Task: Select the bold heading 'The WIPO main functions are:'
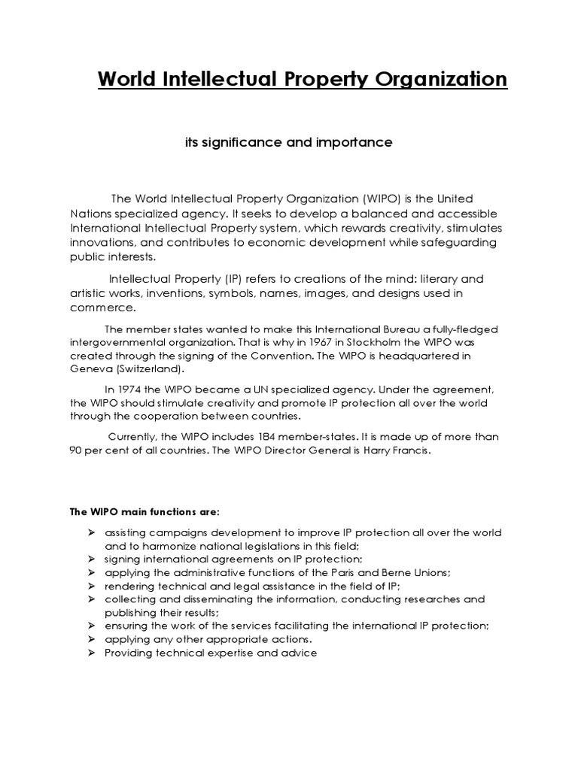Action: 145,512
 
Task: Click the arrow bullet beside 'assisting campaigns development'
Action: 90,532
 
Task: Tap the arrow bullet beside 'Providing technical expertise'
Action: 90,653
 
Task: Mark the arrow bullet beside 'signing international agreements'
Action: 90,559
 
